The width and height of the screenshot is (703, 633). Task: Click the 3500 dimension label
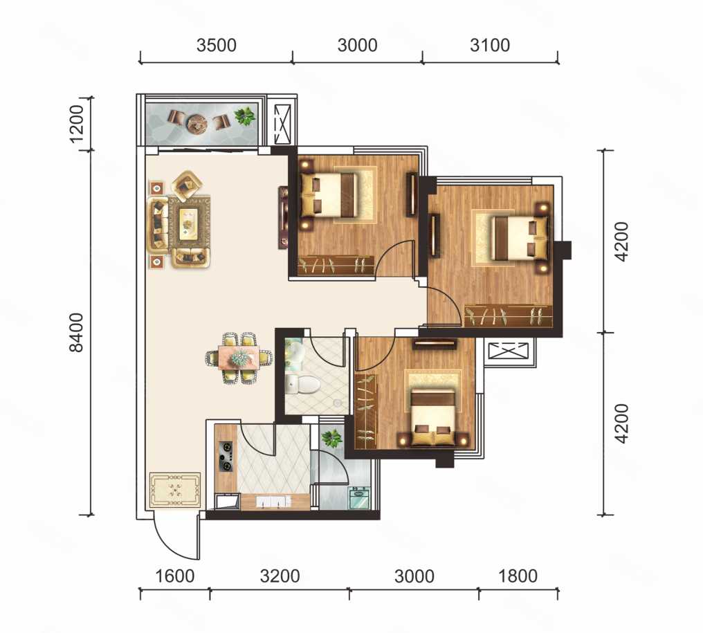[216, 45]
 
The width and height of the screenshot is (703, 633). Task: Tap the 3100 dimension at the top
[490, 45]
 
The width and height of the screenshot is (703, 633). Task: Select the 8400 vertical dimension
[77, 332]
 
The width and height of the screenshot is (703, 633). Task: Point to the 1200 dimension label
[77, 124]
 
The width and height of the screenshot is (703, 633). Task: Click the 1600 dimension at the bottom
[174, 576]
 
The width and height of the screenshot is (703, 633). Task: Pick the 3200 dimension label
[280, 576]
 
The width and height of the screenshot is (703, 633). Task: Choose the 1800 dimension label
[518, 576]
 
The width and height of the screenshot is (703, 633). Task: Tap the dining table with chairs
[239, 358]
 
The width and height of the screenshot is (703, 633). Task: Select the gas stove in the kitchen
[226, 457]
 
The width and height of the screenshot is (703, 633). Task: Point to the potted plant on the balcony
[245, 116]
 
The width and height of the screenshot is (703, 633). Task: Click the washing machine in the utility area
[359, 497]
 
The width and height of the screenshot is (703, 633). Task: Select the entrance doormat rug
[175, 490]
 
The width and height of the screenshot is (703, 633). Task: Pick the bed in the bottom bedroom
[434, 417]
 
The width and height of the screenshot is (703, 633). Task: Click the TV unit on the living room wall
[283, 217]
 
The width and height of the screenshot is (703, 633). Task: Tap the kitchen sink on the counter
[273, 502]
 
